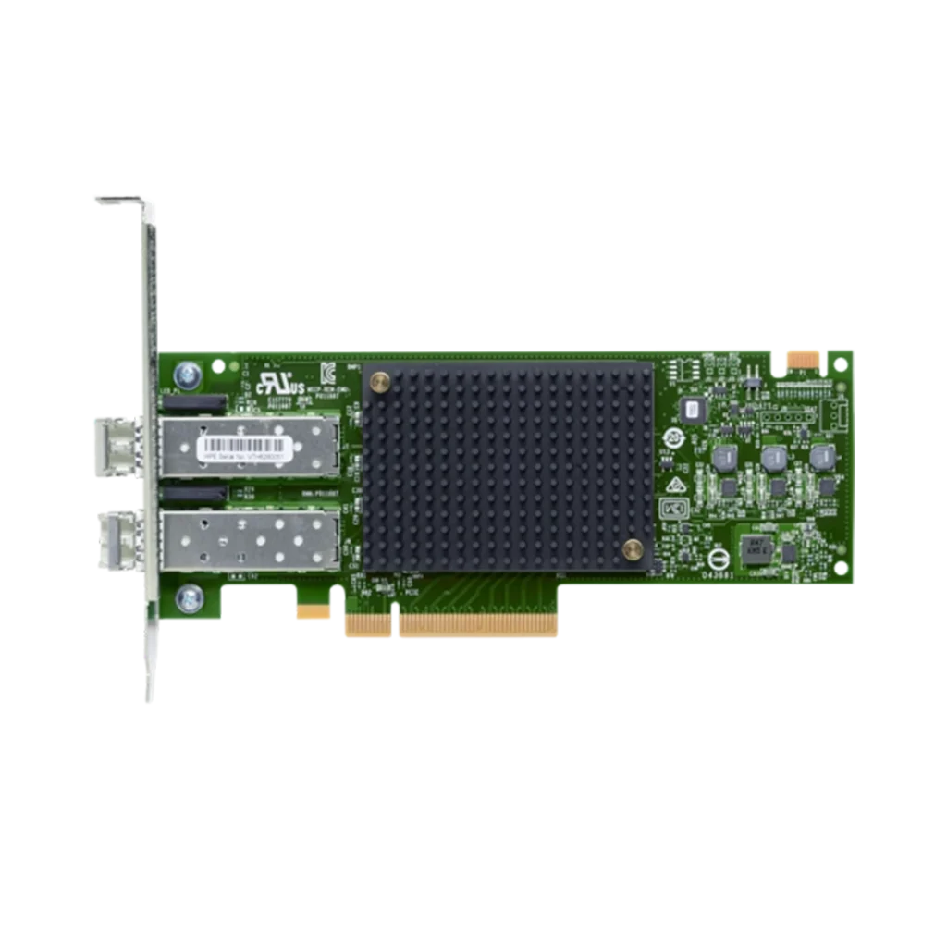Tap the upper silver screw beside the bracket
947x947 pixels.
click(x=189, y=374)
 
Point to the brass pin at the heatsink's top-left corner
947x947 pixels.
click(x=379, y=381)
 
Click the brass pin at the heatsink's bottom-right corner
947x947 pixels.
click(x=633, y=550)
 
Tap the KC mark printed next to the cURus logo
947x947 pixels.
click(x=327, y=371)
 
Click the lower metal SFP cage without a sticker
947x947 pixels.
click(x=248, y=540)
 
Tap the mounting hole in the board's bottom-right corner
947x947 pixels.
click(x=840, y=567)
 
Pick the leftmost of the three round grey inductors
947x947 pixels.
click(x=725, y=457)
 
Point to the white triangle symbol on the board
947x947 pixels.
click(x=676, y=484)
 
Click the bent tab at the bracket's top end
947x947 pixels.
click(x=119, y=200)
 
